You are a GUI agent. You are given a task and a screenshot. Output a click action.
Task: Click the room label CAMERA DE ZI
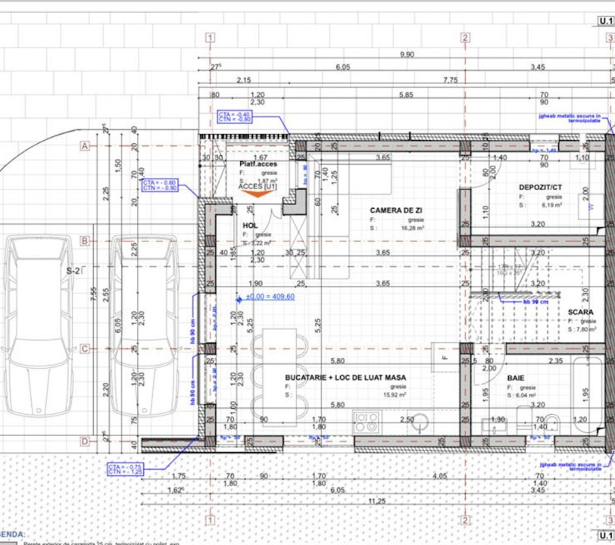[396, 210]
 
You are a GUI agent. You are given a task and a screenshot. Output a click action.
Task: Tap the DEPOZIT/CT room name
[540, 186]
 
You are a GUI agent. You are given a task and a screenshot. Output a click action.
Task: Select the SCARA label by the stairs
[581, 312]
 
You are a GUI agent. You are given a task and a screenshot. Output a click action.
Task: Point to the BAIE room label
[516, 376]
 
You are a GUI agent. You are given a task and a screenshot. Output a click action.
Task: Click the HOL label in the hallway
[250, 226]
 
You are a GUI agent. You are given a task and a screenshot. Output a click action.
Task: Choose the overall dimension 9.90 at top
[407, 54]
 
